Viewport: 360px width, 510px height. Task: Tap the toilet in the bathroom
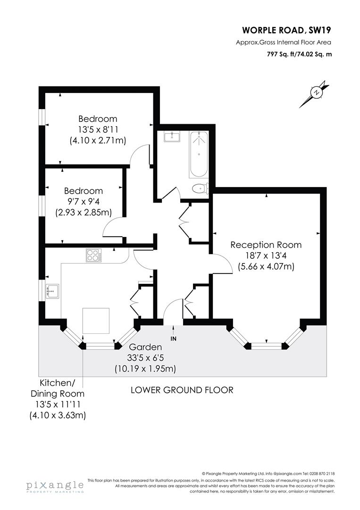coord(200,188)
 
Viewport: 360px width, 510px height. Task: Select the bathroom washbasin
coord(172,137)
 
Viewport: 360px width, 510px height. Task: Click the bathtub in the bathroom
coord(198,154)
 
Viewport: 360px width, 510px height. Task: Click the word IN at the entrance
coord(174,339)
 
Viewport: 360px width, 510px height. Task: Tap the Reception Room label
coord(266,245)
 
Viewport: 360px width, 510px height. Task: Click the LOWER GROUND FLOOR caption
coord(182,390)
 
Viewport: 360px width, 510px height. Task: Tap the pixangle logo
coord(54,487)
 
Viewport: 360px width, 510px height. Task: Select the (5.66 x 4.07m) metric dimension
coord(266,267)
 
